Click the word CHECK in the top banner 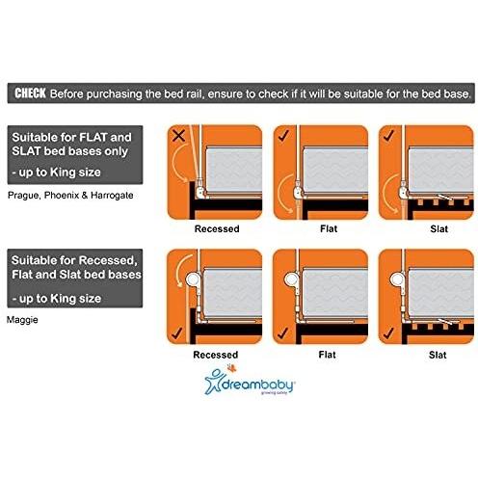(38, 93)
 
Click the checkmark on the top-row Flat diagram (285, 136)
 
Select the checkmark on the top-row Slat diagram (389, 136)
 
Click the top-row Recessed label (217, 230)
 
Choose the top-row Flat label (321, 230)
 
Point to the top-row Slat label (425, 230)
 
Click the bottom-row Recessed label (217, 355)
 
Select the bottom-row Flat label (321, 355)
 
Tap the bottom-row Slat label (425, 355)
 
